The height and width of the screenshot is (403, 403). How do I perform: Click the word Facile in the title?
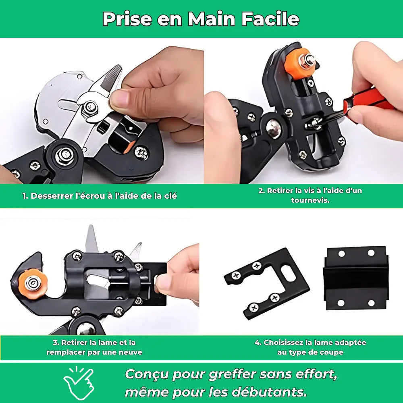click(270, 19)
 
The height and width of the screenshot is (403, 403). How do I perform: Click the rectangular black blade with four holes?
click(355, 278)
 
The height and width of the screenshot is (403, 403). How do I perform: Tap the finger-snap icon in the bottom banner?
click(79, 382)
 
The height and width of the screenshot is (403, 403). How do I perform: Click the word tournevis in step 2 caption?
click(310, 200)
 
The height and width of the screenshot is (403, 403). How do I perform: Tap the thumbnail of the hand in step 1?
click(120, 98)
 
